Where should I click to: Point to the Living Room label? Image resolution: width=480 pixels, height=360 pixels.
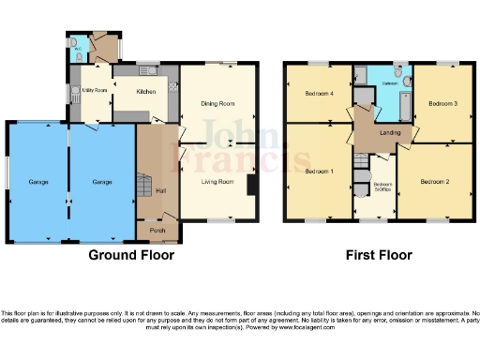tap(218, 182)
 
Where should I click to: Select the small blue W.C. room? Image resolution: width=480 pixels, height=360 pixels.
tap(81, 50)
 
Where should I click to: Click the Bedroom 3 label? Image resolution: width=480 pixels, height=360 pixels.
tap(442, 102)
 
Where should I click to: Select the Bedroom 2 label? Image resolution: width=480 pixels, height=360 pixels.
tap(434, 181)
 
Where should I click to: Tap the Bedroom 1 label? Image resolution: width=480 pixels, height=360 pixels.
tap(319, 172)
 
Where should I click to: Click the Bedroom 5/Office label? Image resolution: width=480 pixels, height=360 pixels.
tap(382, 186)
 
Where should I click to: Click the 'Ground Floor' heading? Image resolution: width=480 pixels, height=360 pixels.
tap(129, 254)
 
